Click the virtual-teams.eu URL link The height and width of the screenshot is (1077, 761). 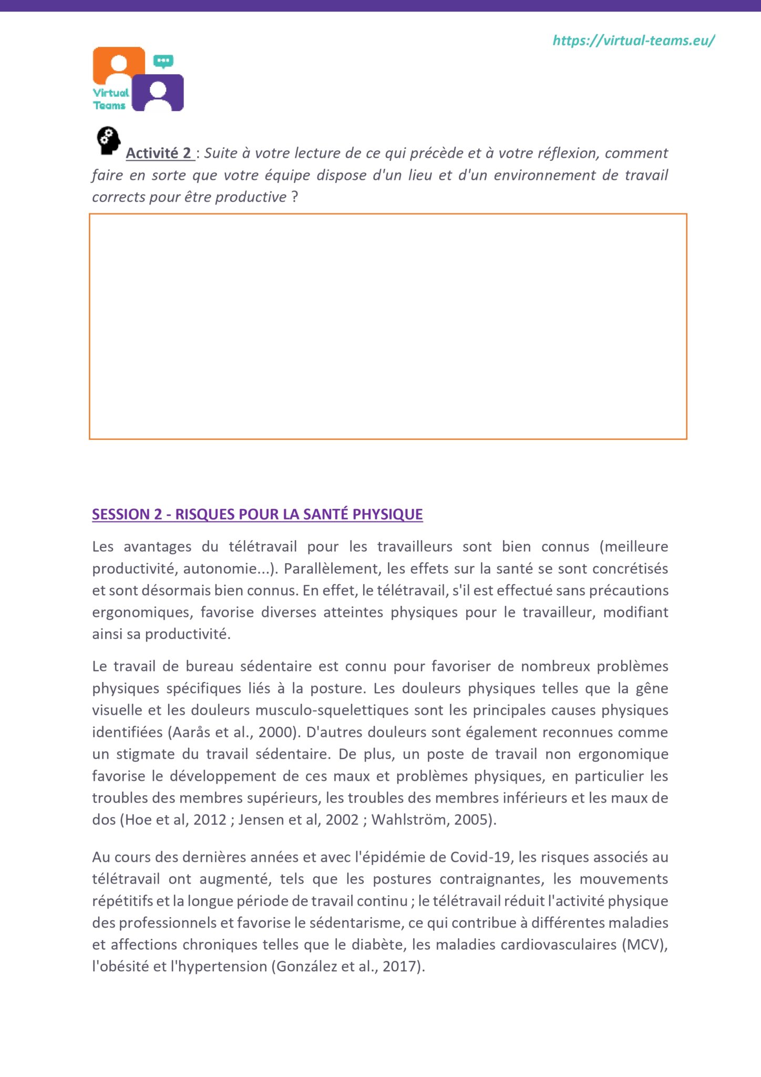click(x=633, y=40)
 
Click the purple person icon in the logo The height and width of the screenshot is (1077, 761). click(x=158, y=93)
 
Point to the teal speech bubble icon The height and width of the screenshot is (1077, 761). click(x=163, y=61)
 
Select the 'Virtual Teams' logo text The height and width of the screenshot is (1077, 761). click(x=110, y=99)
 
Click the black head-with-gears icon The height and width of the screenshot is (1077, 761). click(x=108, y=140)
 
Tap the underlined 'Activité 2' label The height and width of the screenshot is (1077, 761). click(x=159, y=153)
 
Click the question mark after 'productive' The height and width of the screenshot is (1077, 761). click(x=295, y=197)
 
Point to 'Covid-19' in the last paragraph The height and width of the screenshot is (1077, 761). click(x=480, y=857)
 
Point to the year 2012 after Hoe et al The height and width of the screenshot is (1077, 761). click(x=210, y=820)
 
